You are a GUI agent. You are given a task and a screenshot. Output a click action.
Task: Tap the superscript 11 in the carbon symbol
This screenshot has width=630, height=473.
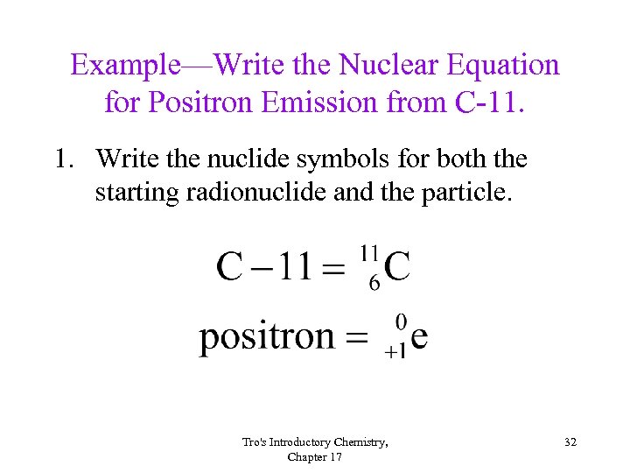(369, 252)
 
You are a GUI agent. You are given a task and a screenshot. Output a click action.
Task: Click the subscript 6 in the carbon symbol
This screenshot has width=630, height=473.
(374, 285)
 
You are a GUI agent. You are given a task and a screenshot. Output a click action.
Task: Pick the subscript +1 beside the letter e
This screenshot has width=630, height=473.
(395, 352)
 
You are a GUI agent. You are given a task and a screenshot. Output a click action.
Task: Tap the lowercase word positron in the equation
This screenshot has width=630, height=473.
(267, 337)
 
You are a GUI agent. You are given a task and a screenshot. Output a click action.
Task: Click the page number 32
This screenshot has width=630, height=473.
(570, 443)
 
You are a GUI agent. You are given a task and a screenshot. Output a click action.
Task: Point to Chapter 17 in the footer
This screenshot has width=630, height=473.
(314, 457)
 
